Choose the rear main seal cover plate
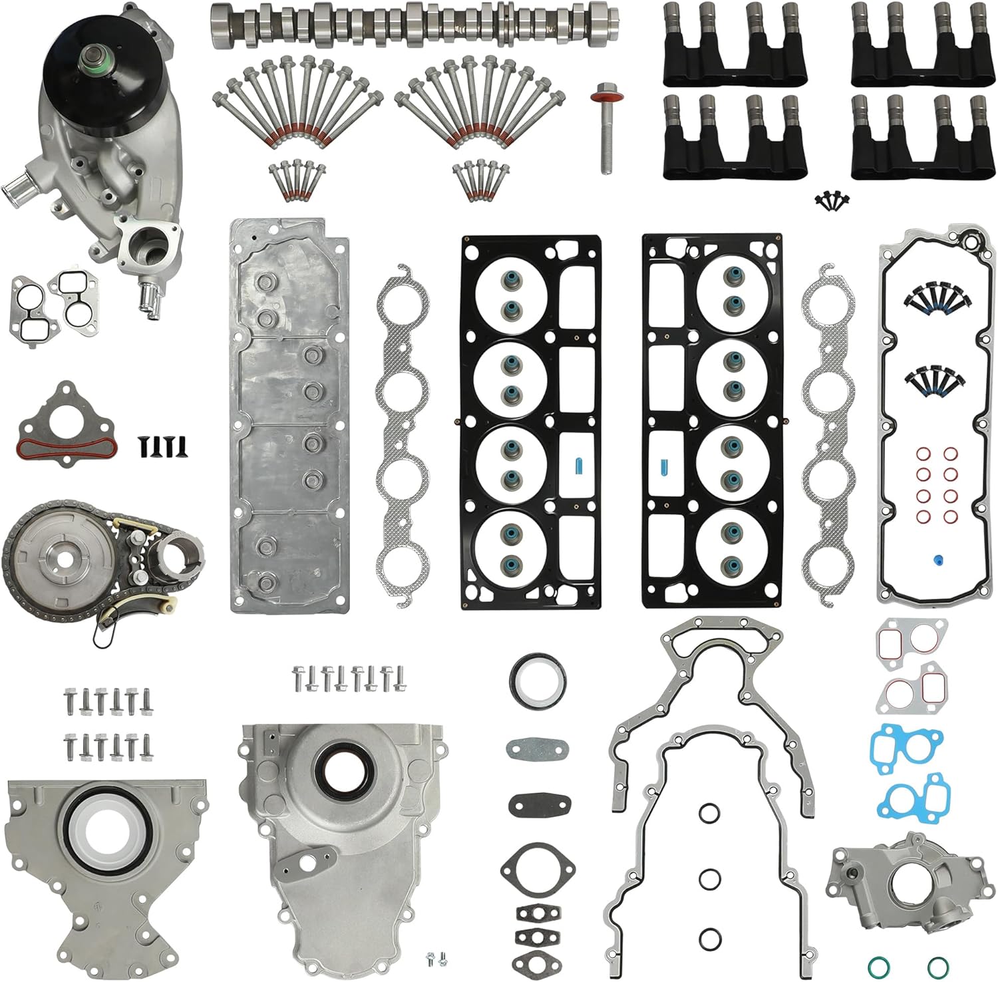pos(106,865)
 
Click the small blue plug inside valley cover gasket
pos(937,559)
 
